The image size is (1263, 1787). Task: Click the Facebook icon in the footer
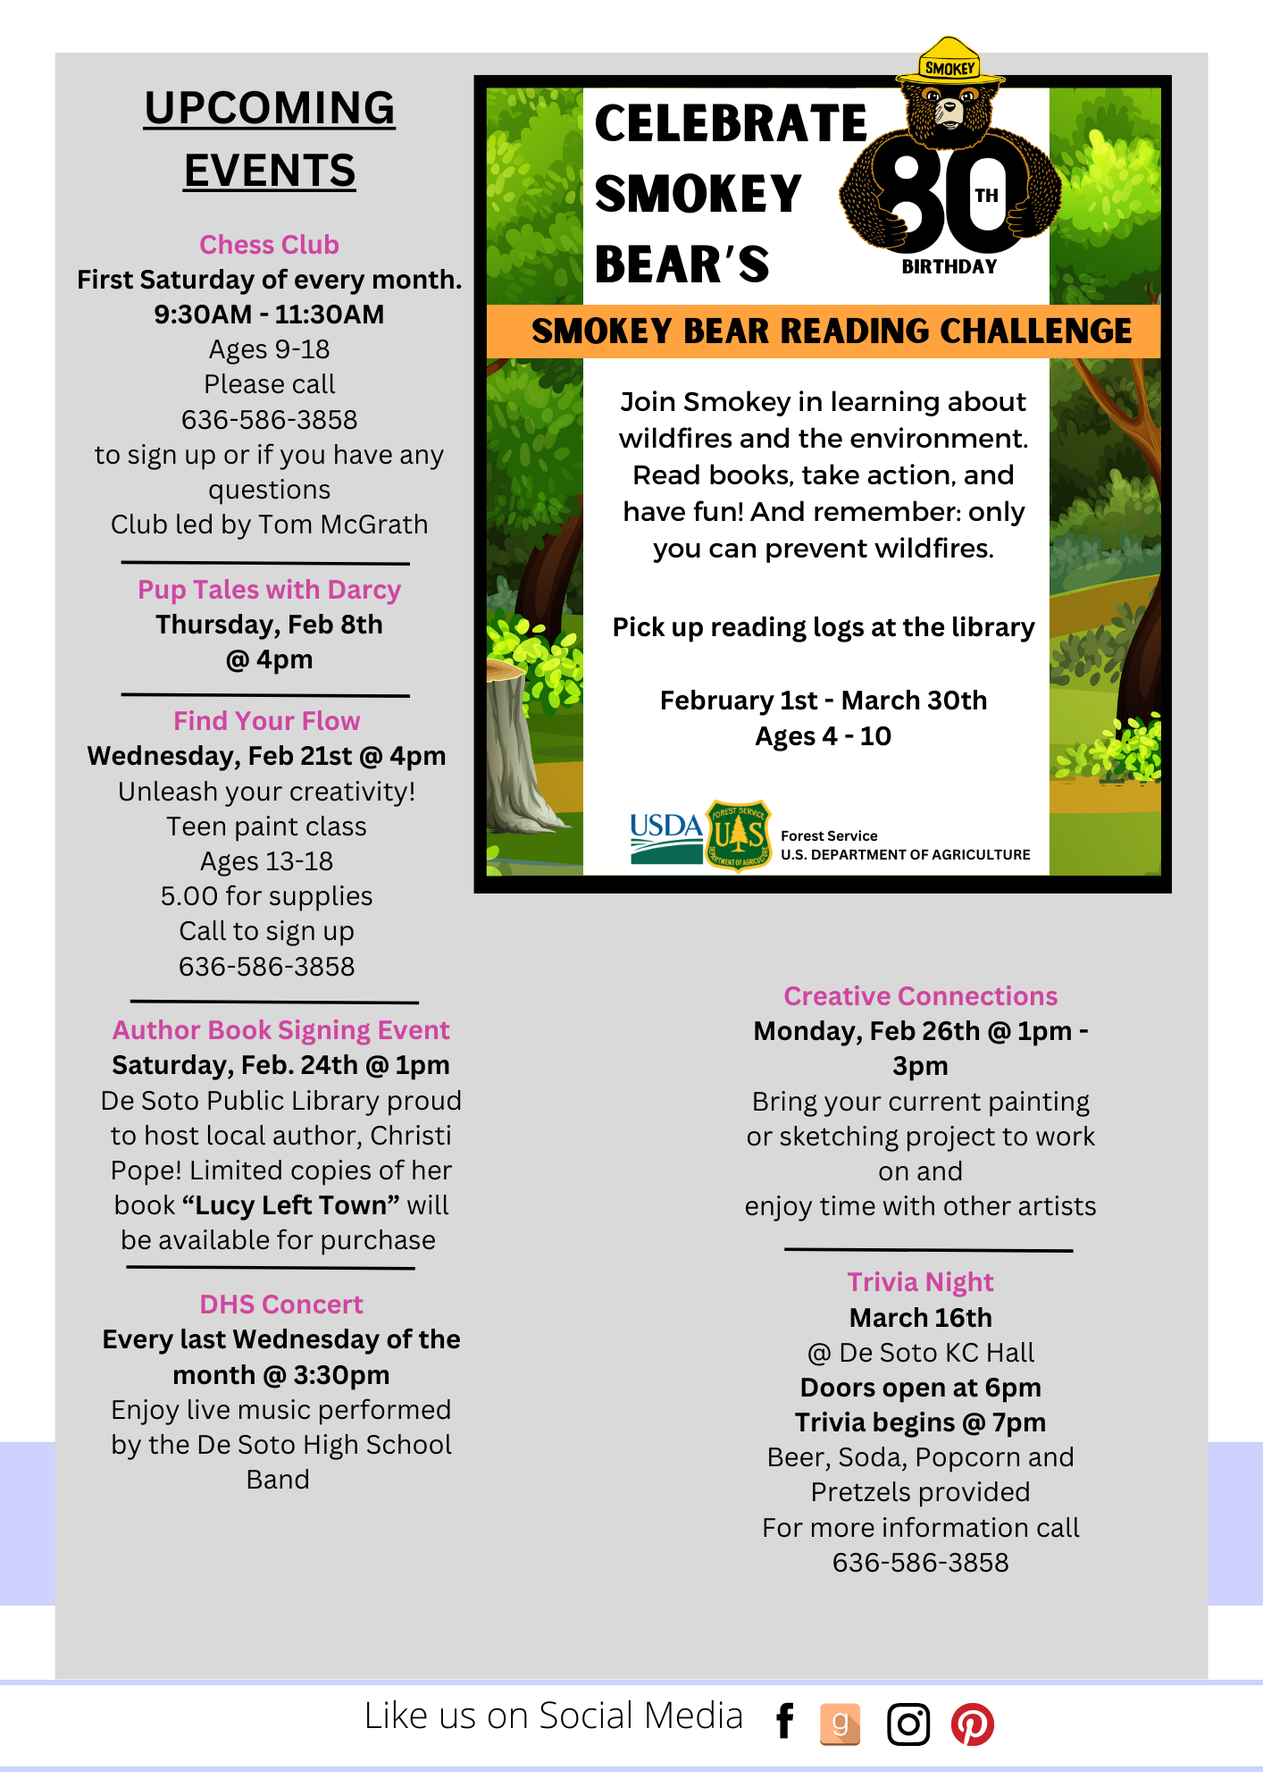click(x=785, y=1721)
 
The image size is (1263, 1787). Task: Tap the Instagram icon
click(x=908, y=1724)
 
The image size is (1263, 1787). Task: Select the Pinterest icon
click(x=972, y=1724)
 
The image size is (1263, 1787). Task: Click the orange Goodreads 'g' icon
click(x=840, y=1724)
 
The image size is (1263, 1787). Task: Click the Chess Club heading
click(x=269, y=244)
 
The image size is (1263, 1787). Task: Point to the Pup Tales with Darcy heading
click(x=269, y=590)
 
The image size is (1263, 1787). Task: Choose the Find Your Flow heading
click(x=266, y=721)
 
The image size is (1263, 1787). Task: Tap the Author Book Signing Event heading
click(x=280, y=1030)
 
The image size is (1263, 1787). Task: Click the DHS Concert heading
click(x=280, y=1305)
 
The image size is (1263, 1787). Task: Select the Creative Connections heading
click(x=920, y=996)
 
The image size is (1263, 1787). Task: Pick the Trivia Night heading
click(x=920, y=1282)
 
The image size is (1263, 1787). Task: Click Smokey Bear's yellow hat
click(x=949, y=63)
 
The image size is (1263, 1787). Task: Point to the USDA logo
click(x=666, y=837)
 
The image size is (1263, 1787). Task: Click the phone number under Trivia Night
click(x=920, y=1562)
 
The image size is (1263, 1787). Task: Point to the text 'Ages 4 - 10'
click(x=823, y=736)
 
